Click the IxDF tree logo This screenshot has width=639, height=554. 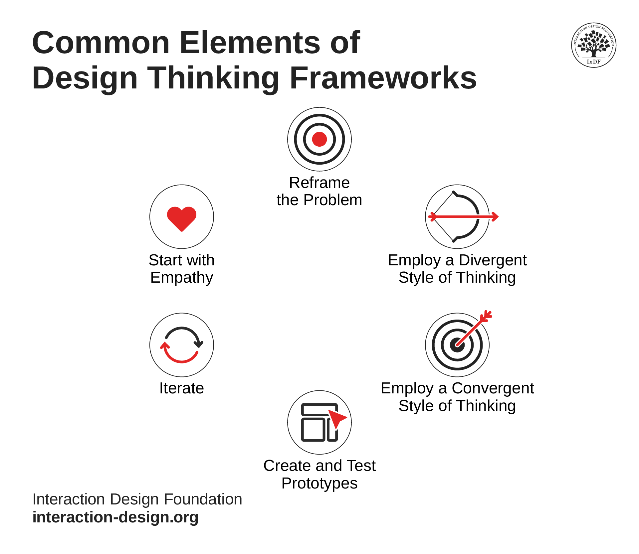tap(593, 45)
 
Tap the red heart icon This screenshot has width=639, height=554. tap(181, 217)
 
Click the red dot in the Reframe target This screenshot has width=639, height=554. tap(319, 139)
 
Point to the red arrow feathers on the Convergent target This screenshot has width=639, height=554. tap(487, 316)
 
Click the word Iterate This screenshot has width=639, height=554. tap(181, 388)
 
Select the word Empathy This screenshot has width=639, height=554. tap(181, 278)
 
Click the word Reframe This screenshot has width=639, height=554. tap(319, 183)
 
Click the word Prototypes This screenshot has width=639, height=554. tap(319, 484)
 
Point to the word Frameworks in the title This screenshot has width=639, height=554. tap(383, 78)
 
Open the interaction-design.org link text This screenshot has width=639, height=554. tap(115, 517)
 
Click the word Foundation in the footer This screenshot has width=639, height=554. tap(203, 499)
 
